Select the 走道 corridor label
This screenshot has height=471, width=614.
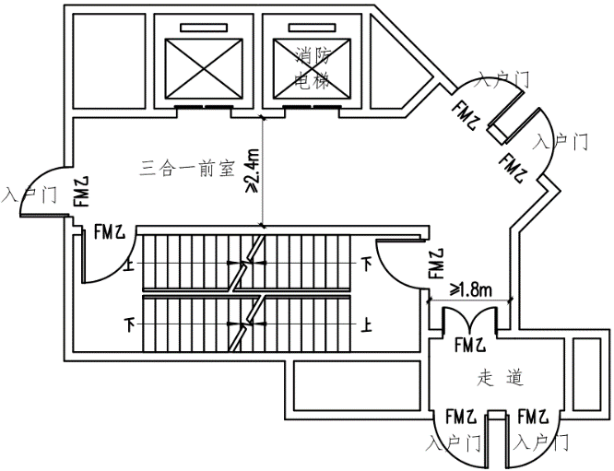click(501, 377)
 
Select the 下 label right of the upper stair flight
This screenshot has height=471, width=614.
click(367, 265)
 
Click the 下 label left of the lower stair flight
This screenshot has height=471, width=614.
click(129, 324)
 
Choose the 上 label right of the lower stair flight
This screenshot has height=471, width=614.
click(367, 324)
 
